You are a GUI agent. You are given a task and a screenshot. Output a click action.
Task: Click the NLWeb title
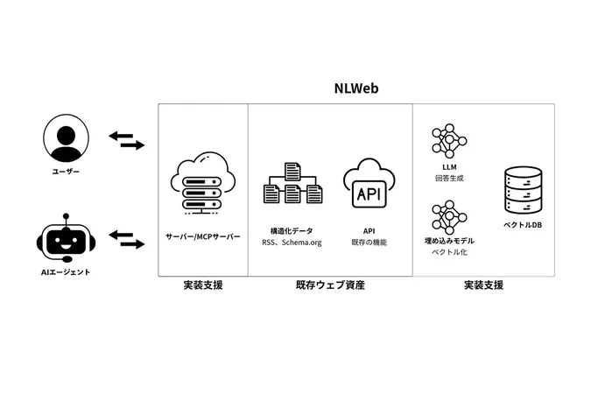tap(355, 88)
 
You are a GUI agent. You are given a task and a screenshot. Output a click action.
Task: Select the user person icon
tap(66, 139)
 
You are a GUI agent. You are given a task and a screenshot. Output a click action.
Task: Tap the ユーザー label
tap(66, 172)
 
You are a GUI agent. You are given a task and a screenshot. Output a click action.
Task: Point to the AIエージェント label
tap(66, 272)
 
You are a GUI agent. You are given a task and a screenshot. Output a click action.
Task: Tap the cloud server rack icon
tap(202, 185)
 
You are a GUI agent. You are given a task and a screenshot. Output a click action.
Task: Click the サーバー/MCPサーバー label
tap(202, 236)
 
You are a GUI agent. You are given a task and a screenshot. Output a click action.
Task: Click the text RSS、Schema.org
tap(292, 243)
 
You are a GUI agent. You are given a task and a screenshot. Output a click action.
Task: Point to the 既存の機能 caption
tap(369, 243)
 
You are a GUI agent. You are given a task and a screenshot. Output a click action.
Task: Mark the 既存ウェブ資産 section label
tap(330, 285)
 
